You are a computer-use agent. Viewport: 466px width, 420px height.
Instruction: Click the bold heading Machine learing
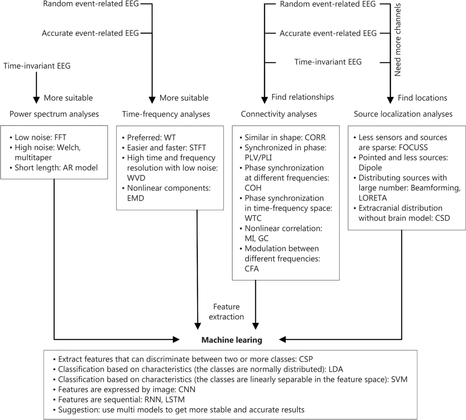(x=231, y=340)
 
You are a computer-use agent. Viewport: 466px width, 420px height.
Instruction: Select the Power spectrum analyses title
(x=54, y=114)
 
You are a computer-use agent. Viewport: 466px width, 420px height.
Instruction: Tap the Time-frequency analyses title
(x=166, y=114)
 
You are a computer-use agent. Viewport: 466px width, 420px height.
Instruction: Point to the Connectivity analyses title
(x=279, y=114)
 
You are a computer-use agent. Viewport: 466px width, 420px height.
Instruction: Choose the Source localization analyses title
(x=403, y=114)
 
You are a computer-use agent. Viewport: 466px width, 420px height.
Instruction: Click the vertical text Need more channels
(x=398, y=40)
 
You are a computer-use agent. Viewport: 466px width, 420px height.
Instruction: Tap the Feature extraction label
(x=226, y=312)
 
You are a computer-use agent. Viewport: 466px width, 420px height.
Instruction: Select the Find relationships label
(x=303, y=97)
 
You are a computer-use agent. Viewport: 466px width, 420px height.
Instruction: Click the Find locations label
(x=423, y=98)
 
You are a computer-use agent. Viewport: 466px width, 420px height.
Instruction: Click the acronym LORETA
(x=373, y=198)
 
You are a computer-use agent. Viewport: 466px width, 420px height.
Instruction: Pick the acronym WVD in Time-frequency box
(x=136, y=178)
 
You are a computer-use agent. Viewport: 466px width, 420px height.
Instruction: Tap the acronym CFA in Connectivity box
(x=252, y=269)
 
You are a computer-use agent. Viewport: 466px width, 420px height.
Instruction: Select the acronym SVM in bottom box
(x=399, y=380)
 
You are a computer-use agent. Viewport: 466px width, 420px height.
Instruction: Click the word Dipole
(x=370, y=168)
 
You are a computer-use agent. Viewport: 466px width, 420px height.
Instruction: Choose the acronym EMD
(x=136, y=198)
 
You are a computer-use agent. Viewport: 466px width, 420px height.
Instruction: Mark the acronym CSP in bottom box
(x=306, y=359)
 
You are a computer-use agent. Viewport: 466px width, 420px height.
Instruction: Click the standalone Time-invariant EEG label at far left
(x=37, y=66)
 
